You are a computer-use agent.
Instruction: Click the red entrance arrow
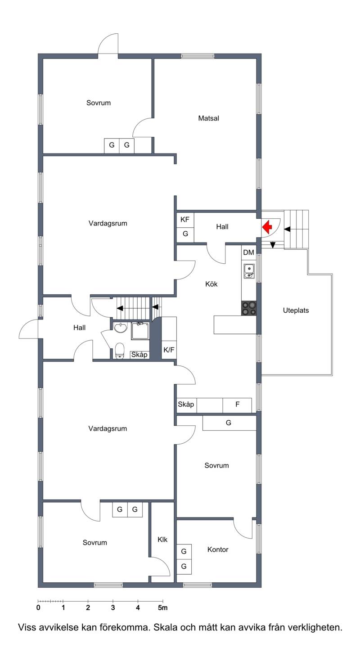[267, 227]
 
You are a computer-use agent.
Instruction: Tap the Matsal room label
[208, 118]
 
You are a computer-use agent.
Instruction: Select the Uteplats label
[296, 310]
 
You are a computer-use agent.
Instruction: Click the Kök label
[211, 284]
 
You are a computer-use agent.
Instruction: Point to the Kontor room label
[218, 549]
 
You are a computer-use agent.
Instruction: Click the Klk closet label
[162, 540]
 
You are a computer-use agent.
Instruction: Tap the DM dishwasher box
[249, 252]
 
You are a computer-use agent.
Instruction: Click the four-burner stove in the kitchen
[249, 308]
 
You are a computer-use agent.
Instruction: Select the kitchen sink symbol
[249, 271]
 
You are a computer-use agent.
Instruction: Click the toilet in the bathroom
[120, 351]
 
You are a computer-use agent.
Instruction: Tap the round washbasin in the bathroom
[121, 328]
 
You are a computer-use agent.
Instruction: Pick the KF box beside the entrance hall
[185, 220]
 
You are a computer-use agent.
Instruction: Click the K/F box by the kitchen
[169, 350]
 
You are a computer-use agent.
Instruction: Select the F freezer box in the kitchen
[237, 405]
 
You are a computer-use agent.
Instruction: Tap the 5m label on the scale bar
[162, 607]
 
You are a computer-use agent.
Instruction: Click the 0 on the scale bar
[38, 607]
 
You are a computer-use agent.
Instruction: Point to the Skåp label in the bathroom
[139, 355]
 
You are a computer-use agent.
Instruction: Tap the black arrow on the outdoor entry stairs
[288, 229]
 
